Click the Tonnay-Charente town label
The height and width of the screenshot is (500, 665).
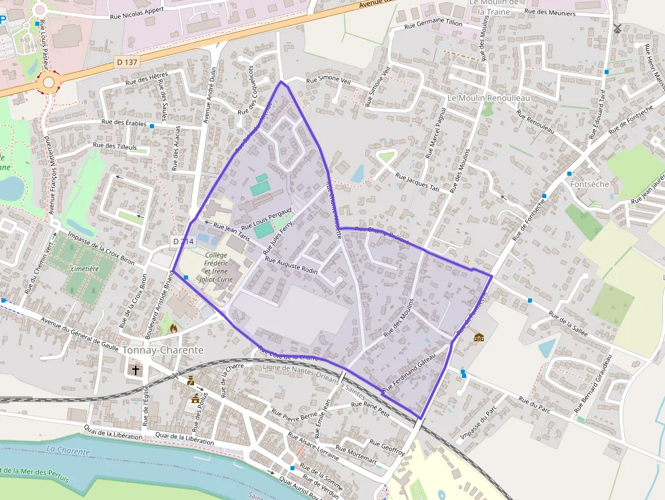pos(164,350)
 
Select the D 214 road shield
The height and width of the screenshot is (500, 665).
pos(183,241)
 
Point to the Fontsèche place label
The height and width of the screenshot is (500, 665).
pos(590,184)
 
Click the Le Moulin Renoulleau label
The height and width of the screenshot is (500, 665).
pos(489,98)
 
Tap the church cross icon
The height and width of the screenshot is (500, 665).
pos(136,370)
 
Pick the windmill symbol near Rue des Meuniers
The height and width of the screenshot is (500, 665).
pos(617,28)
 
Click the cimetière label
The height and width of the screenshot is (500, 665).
pos(84,269)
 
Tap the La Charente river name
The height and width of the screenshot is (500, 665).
pos(68,450)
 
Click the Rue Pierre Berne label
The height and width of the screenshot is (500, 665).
pos(294,414)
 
